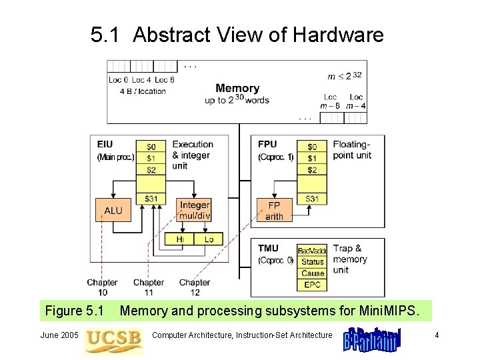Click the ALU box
113,211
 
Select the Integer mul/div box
195,210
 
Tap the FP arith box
274,211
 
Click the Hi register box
180,239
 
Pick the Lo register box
209,239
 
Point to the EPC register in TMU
312,285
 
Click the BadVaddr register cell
312,251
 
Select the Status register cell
312,262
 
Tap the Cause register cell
312,273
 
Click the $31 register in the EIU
151,199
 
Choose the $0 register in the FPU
312,147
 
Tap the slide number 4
437,335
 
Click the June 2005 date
60,335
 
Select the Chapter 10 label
102,287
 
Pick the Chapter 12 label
195,287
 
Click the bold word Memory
237,88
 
